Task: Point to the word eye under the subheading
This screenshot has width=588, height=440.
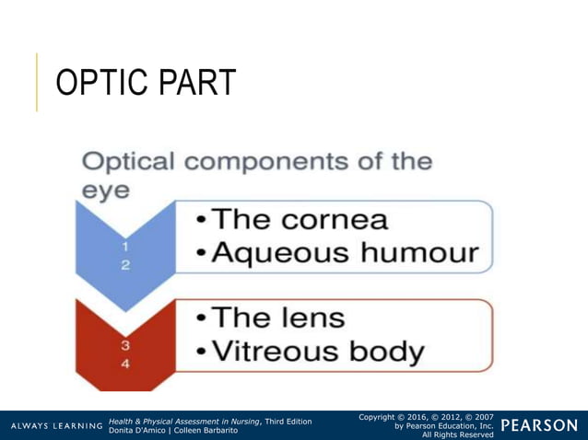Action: click(x=103, y=193)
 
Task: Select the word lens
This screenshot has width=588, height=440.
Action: click(x=312, y=318)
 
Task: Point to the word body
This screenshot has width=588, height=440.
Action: click(x=392, y=352)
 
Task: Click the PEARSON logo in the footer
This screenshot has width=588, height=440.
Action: click(x=540, y=425)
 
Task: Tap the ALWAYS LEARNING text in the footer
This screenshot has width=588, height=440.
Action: click(x=55, y=426)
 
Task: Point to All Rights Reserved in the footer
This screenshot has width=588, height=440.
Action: click(x=457, y=434)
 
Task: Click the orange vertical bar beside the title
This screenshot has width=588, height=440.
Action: click(x=38, y=82)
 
